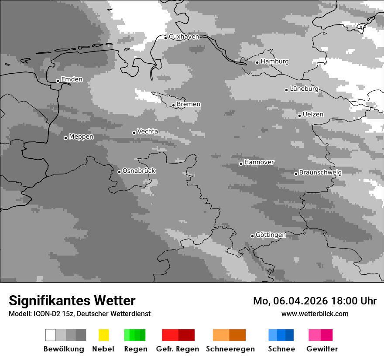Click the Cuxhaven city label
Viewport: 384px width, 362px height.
pyautogui.click(x=184, y=37)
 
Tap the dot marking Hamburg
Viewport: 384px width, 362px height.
pyautogui.click(x=257, y=62)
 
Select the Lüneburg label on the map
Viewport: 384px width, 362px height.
pyautogui.click(x=304, y=89)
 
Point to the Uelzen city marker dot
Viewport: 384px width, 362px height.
pyautogui.click(x=299, y=116)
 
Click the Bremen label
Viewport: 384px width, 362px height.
pyautogui.click(x=189, y=104)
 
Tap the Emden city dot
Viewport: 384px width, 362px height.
pyautogui.click(x=58, y=81)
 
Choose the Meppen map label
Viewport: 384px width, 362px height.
pyautogui.click(x=81, y=137)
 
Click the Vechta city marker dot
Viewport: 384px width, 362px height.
pyautogui.click(x=134, y=133)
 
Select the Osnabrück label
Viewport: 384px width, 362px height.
pyautogui.click(x=139, y=171)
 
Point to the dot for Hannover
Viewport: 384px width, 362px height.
pyautogui.click(x=241, y=164)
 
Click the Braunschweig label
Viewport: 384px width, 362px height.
pyautogui.click(x=320, y=173)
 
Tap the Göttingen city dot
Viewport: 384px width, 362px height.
pyautogui.click(x=252, y=236)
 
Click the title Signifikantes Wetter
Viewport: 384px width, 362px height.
pyautogui.click(x=72, y=301)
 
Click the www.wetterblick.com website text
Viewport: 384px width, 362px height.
pyautogui.click(x=315, y=314)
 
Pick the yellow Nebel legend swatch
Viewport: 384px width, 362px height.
pyautogui.click(x=103, y=335)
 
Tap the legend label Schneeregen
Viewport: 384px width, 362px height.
pyautogui.click(x=230, y=349)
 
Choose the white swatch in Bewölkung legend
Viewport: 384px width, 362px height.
pyautogui.click(x=51, y=335)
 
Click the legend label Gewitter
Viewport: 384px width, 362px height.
pyautogui.click(x=322, y=349)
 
